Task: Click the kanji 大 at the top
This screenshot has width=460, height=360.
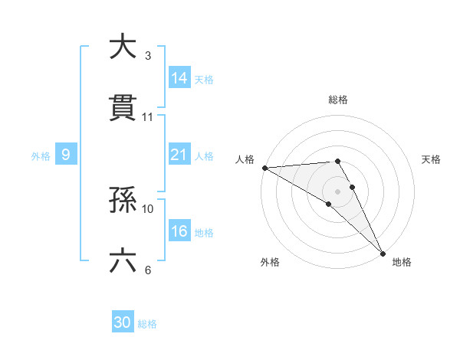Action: click(122, 47)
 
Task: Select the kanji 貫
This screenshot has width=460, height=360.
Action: click(123, 108)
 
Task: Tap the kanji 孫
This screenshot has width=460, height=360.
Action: click(123, 200)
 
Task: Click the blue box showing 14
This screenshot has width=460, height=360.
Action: click(179, 77)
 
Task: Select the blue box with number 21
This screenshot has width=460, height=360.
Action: click(179, 155)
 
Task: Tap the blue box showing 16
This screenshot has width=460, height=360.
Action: click(179, 231)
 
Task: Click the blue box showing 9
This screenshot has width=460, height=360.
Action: click(66, 155)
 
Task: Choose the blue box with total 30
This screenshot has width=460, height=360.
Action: click(123, 322)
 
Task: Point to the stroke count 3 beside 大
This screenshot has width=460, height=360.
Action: click(148, 56)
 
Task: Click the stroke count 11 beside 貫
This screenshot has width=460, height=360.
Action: click(148, 117)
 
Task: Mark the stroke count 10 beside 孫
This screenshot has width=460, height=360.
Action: click(148, 208)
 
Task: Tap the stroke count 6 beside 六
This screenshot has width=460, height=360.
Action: click(148, 270)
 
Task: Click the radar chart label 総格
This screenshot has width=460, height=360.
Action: click(338, 100)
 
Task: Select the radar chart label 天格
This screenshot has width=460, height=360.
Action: click(431, 159)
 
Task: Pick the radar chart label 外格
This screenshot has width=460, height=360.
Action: click(270, 262)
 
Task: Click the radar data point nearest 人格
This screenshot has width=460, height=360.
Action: click(264, 168)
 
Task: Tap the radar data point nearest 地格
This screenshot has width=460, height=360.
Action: click(382, 252)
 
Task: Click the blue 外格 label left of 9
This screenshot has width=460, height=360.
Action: click(40, 155)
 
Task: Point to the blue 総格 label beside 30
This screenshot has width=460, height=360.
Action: click(147, 324)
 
